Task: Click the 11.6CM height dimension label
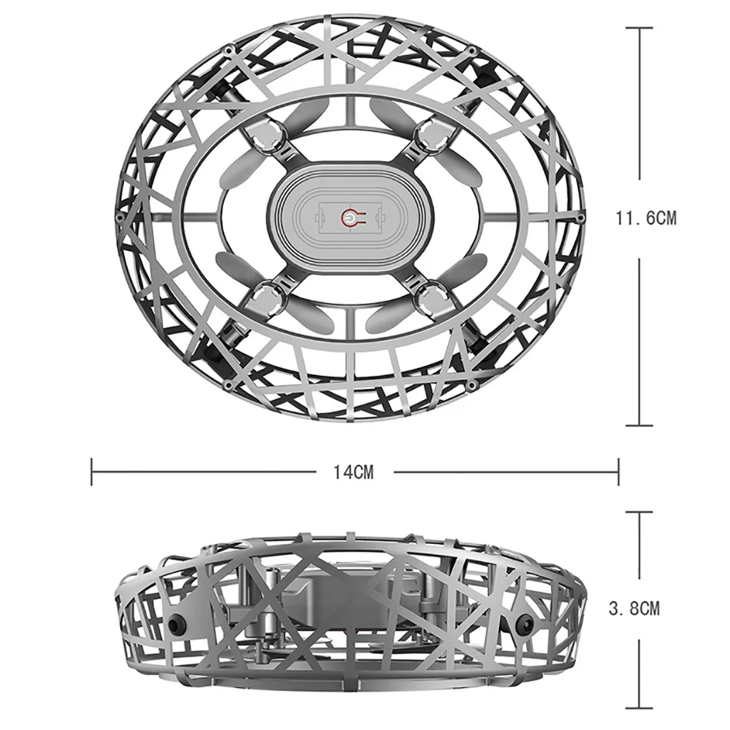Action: [x=646, y=218]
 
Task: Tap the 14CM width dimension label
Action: [x=354, y=472]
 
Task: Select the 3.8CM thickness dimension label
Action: [x=634, y=608]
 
